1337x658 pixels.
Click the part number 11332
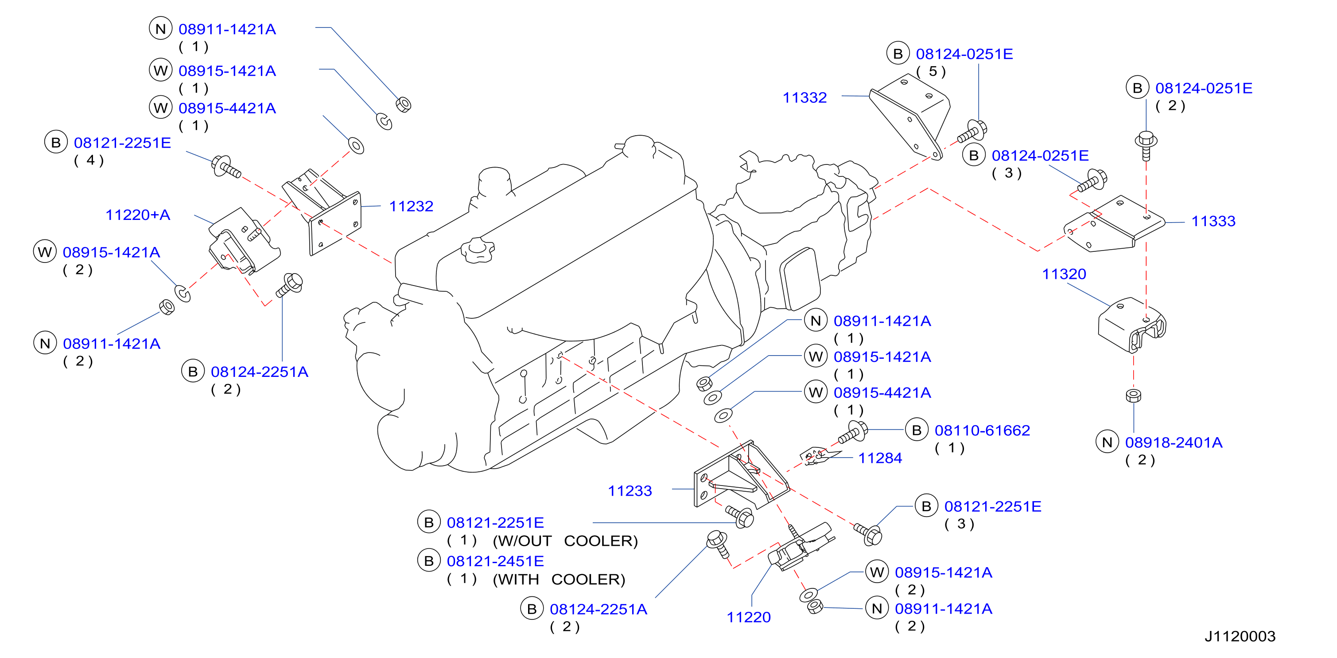click(805, 98)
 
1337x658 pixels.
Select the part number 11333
click(1213, 221)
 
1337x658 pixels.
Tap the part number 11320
click(1064, 274)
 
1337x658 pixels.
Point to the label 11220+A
click(138, 215)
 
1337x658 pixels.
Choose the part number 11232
click(411, 207)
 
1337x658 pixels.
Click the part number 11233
click(630, 491)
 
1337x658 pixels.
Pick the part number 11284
click(880, 458)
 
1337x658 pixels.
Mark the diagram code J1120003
click(1240, 637)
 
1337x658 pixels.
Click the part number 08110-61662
click(982, 431)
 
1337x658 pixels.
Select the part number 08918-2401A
click(1174, 443)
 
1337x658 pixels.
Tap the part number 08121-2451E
click(495, 561)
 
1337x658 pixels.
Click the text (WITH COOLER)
click(559, 580)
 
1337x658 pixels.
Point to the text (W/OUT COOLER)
click(565, 541)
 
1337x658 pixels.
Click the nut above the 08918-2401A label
click(1134, 396)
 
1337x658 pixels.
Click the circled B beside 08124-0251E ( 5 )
click(898, 54)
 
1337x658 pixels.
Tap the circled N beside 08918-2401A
click(1107, 443)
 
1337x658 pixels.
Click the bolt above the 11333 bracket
click(1146, 145)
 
